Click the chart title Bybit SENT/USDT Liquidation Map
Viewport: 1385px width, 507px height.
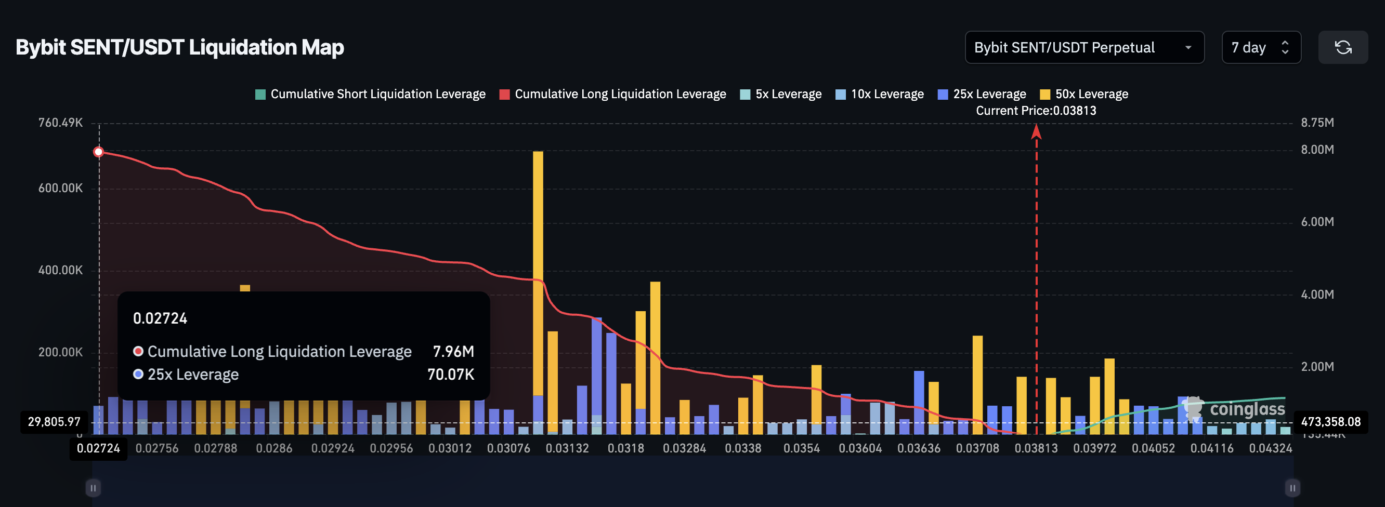coord(179,48)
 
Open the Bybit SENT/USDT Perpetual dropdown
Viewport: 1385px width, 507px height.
coord(1083,48)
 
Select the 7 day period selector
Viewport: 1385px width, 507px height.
coord(1260,48)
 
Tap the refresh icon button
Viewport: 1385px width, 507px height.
coord(1342,48)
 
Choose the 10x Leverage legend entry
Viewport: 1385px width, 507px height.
coord(880,95)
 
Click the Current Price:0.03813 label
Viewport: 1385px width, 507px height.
coord(1036,111)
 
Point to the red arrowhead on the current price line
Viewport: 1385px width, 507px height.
coord(1036,131)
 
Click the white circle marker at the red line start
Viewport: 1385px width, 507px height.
coord(98,152)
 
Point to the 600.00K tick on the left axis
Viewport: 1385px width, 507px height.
coord(60,189)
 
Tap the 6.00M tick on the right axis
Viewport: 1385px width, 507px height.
coord(1317,222)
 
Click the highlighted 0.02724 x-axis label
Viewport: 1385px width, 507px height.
coord(98,448)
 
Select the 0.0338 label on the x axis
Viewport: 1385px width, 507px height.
coord(742,448)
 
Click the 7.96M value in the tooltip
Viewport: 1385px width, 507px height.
coord(453,352)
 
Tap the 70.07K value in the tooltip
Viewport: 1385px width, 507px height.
coord(451,375)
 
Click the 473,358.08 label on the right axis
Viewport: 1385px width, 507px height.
coord(1330,422)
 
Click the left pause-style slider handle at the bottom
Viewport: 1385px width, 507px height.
coord(93,488)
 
